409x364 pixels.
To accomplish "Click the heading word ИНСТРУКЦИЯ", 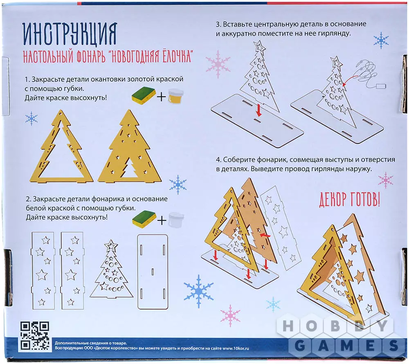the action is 70,34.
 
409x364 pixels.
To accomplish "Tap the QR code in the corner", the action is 35,336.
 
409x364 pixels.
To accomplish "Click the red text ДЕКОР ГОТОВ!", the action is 350,200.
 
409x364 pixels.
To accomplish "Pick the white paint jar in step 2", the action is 176,220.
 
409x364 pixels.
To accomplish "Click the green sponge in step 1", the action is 144,95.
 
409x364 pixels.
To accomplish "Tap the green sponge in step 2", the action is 144,218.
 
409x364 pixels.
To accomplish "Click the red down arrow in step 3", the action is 258,110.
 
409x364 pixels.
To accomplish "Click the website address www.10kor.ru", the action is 236,348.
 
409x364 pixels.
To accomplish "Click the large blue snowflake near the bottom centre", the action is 198,291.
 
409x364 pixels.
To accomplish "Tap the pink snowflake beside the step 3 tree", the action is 218,64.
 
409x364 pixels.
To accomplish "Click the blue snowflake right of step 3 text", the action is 381,40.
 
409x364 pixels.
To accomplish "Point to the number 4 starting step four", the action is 218,160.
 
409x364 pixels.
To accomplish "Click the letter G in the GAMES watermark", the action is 300,346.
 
